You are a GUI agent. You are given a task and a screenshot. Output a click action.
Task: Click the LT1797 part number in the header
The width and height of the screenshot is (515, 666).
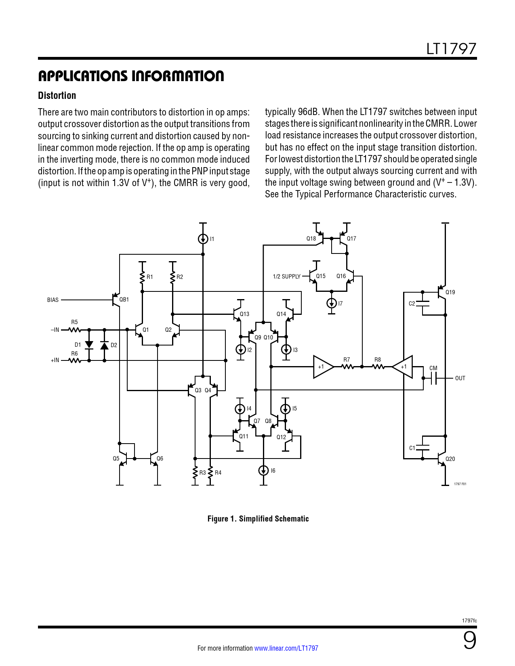[451, 49]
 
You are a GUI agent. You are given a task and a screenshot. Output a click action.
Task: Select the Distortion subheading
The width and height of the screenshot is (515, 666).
[57, 96]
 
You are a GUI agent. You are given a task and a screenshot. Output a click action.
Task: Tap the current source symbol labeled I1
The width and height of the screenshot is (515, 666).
[203, 239]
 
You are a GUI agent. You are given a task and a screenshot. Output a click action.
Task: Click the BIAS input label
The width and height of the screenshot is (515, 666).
[53, 300]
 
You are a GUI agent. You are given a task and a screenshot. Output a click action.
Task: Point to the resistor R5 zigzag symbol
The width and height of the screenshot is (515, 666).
[75, 330]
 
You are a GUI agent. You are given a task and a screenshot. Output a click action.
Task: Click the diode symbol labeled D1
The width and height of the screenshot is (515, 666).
[89, 345]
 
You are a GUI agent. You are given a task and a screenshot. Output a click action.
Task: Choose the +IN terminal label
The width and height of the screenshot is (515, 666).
[55, 360]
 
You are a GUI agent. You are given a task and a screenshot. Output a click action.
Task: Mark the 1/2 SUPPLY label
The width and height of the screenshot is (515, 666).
[286, 276]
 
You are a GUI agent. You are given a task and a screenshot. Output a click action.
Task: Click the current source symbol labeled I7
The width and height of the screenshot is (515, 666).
[332, 303]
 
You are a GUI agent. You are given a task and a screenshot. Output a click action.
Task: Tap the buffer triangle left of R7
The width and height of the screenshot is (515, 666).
[323, 367]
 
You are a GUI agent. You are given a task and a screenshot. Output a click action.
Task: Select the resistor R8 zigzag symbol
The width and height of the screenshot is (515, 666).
[378, 367]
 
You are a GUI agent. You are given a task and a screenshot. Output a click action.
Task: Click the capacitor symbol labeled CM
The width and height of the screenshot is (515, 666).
[433, 378]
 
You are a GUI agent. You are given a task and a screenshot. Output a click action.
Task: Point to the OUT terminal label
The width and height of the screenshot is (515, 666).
[460, 378]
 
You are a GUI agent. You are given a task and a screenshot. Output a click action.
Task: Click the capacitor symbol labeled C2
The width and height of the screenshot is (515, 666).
[423, 304]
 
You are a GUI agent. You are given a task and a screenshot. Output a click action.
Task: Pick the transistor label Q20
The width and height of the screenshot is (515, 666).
[450, 459]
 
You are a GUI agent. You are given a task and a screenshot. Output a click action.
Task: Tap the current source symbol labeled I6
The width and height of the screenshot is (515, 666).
[263, 471]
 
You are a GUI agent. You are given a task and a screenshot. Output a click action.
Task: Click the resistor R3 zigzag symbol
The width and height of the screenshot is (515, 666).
[195, 472]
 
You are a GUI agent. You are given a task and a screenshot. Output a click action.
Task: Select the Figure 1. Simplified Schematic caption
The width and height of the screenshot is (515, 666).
[258, 519]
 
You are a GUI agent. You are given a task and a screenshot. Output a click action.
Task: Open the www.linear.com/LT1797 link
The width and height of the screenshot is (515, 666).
[286, 648]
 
